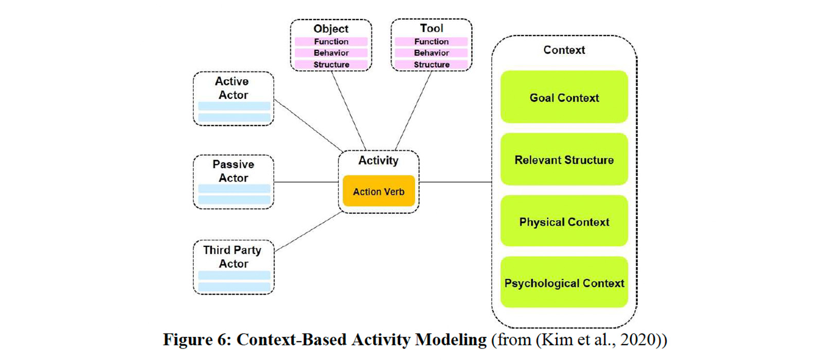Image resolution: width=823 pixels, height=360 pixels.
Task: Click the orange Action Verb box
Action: (x=379, y=191)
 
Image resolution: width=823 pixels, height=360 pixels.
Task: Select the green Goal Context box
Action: (x=564, y=97)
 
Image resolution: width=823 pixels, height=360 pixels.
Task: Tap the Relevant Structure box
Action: (x=564, y=159)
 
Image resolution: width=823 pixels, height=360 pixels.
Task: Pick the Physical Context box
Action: (x=564, y=222)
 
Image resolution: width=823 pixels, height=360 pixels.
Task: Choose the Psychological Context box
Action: (x=564, y=283)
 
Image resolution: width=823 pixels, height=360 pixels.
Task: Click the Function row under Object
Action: (x=331, y=42)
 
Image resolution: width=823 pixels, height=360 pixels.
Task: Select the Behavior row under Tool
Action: (x=431, y=53)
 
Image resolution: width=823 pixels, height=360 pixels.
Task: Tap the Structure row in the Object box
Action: (x=331, y=64)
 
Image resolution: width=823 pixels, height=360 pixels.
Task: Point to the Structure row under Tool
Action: (x=431, y=64)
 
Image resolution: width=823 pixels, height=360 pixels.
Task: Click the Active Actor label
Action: (x=232, y=88)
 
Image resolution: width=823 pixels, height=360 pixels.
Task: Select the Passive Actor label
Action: (x=233, y=171)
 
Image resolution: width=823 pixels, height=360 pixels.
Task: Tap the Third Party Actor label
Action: (x=232, y=257)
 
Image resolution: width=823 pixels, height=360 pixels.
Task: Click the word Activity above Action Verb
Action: (x=378, y=160)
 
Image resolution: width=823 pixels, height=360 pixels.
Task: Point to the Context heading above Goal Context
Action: (x=564, y=50)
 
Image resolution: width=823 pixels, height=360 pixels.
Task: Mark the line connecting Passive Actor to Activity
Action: (x=306, y=182)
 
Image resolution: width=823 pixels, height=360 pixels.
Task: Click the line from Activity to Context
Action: (x=455, y=182)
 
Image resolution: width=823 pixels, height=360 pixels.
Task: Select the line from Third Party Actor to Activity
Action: (x=309, y=231)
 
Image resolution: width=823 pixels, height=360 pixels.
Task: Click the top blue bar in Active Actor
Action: (x=234, y=106)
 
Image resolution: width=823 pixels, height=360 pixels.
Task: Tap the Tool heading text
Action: (x=431, y=28)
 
